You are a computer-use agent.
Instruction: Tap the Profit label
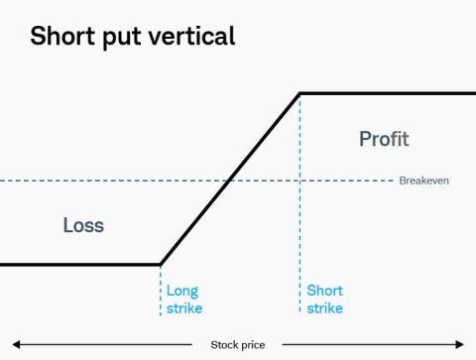pos(383,139)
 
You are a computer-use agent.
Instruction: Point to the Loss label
pos(83,225)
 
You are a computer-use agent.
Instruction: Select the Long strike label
pos(183,300)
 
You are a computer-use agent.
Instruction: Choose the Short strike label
pos(324,300)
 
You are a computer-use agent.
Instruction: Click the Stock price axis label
pos(238,345)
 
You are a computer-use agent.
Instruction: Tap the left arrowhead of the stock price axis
pos(16,345)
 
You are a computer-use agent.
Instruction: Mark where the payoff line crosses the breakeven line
pos(229,180)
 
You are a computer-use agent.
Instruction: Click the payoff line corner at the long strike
pos(160,265)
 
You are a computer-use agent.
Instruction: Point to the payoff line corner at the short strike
pos(299,94)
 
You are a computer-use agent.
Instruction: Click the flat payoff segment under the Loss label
pos(79,265)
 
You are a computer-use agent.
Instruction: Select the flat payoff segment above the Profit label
pos(387,94)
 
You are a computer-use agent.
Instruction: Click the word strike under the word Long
pos(183,308)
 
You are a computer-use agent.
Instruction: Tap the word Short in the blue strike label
pos(324,291)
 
